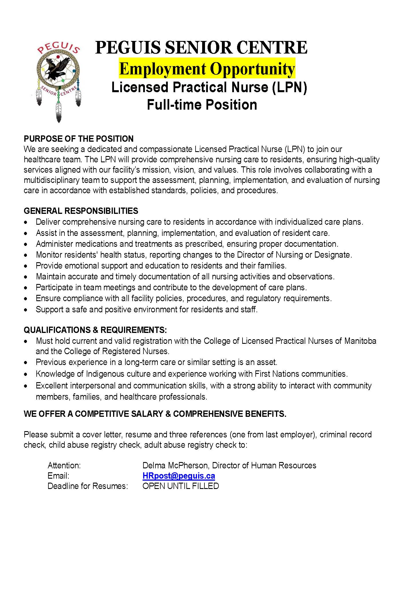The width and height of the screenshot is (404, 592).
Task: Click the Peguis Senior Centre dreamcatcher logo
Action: coord(59,77)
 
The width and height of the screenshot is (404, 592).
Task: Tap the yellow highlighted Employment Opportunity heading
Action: coord(207,69)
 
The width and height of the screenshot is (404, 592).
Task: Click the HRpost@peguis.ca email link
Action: coord(179,476)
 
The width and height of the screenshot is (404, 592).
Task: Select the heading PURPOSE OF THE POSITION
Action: coord(79,139)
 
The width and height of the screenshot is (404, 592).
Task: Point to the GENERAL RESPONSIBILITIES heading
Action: coord(81,211)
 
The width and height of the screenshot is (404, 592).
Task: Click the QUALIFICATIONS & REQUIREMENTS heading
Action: coord(95,330)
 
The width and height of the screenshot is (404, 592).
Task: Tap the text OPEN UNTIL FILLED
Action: coord(181,486)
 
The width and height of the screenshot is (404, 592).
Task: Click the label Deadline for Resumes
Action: coord(88,486)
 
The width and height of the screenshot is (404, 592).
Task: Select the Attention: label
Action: coord(64,465)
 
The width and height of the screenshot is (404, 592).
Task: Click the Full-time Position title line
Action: coord(202,105)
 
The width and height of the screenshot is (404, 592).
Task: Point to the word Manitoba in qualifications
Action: coord(360,341)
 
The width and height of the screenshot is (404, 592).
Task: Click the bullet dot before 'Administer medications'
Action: coord(26,244)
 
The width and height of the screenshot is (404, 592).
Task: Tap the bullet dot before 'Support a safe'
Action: coord(26,310)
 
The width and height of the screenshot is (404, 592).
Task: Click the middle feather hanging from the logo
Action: coord(59,112)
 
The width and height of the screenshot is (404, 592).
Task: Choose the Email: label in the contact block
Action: coord(58,476)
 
